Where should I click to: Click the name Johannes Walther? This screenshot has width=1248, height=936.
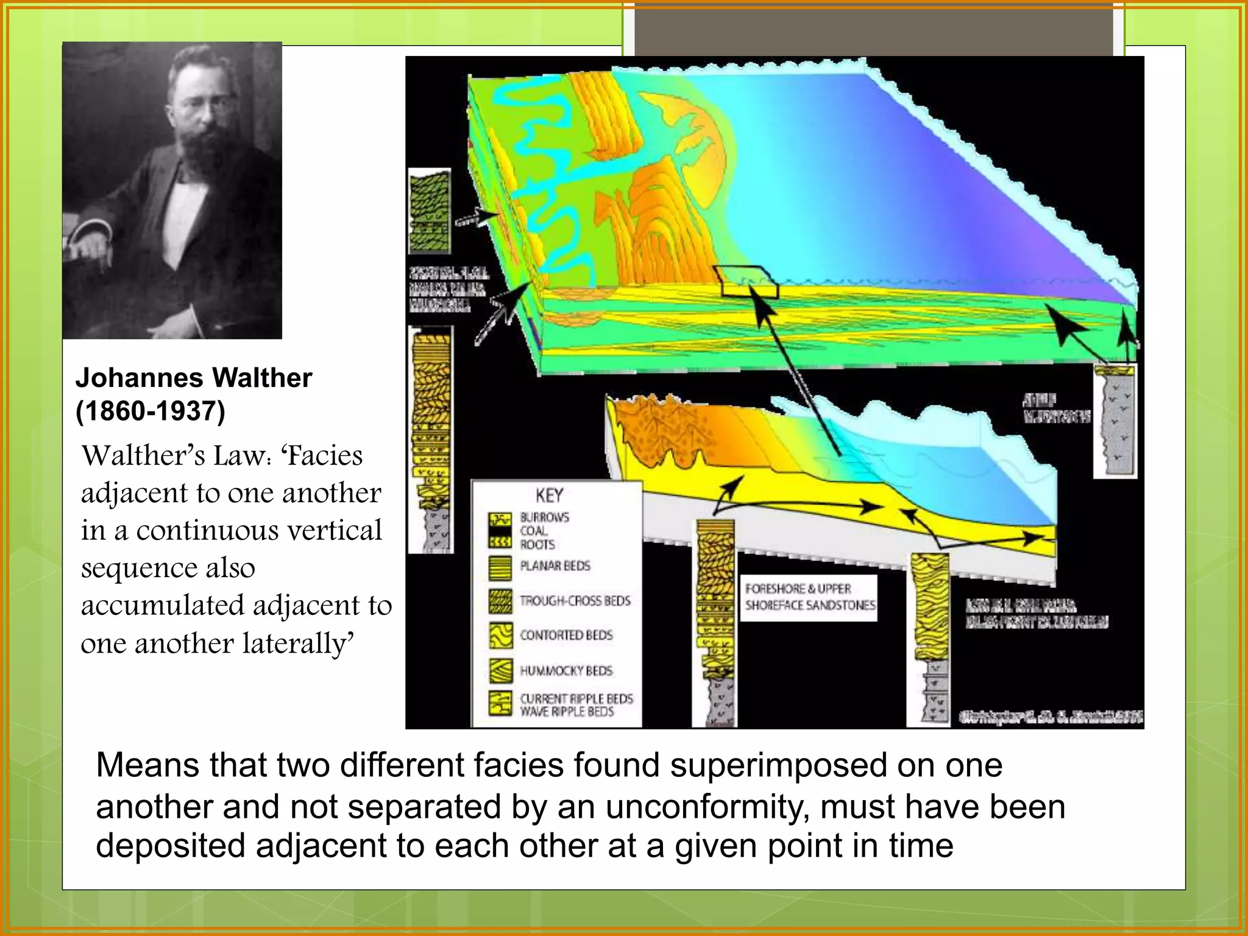point(194,378)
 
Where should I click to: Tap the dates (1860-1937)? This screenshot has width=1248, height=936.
point(151,411)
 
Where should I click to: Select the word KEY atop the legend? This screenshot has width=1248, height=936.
point(549,495)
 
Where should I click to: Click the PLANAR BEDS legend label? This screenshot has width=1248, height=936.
point(555,566)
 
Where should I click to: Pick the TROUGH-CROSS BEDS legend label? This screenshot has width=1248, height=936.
point(575,601)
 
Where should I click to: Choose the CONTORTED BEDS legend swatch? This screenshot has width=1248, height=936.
point(500,636)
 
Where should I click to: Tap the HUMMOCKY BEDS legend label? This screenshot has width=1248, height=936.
point(566,671)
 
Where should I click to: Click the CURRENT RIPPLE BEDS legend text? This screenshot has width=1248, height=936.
point(576,699)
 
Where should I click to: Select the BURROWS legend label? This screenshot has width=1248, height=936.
point(545,517)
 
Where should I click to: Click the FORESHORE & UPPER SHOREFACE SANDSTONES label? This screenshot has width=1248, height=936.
point(809,597)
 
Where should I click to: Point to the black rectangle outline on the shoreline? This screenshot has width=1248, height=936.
point(747,282)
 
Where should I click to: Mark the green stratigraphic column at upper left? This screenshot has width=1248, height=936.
point(430,211)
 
